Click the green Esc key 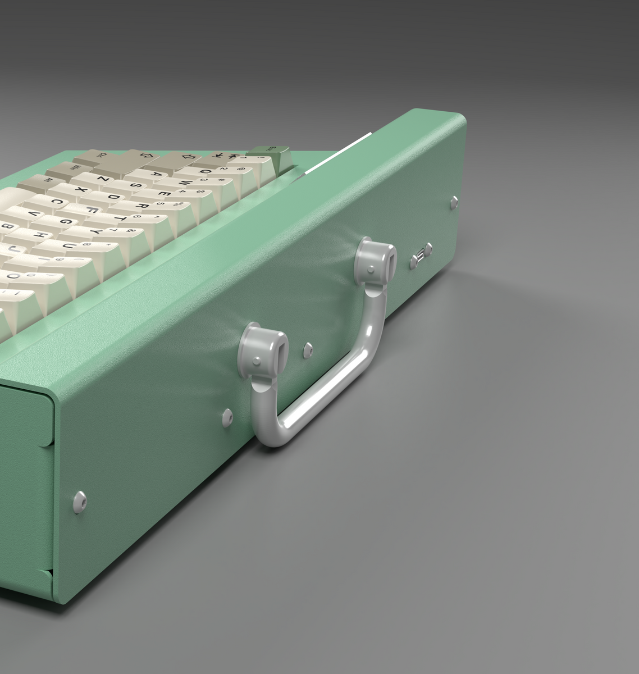271,151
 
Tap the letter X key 83,190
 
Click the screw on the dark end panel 79,501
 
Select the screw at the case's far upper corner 453,202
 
